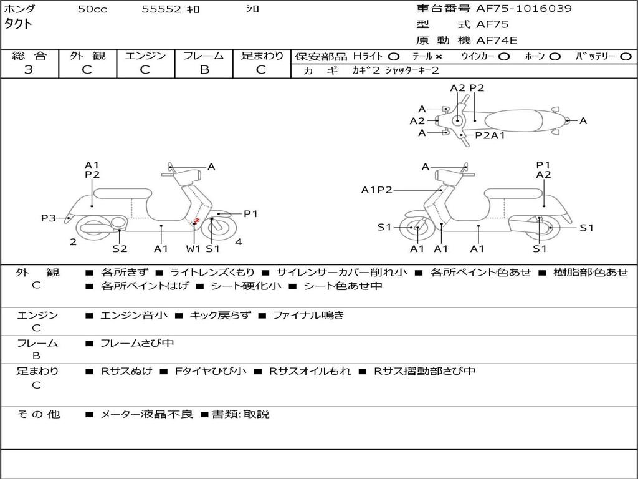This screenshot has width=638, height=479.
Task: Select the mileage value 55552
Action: click(161, 9)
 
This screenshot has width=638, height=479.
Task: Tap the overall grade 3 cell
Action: click(29, 70)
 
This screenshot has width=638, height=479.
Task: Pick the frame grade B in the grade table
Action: click(204, 70)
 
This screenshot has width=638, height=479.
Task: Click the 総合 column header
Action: click(29, 56)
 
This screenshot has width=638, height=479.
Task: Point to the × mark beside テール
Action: click(439, 57)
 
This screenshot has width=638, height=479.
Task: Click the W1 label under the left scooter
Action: click(194, 249)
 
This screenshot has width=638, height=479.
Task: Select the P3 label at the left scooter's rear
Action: click(49, 218)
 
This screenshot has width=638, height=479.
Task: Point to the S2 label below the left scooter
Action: click(120, 249)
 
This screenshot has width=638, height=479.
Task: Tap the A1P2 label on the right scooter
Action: click(376, 190)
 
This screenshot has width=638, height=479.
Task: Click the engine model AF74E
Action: click(497, 41)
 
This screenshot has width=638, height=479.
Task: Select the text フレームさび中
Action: click(137, 343)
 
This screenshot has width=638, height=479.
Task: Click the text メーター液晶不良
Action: click(147, 414)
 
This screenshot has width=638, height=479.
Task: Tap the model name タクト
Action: click(19, 24)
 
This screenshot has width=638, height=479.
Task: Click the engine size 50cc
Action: click(92, 9)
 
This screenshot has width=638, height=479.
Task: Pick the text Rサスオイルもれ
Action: click(310, 371)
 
